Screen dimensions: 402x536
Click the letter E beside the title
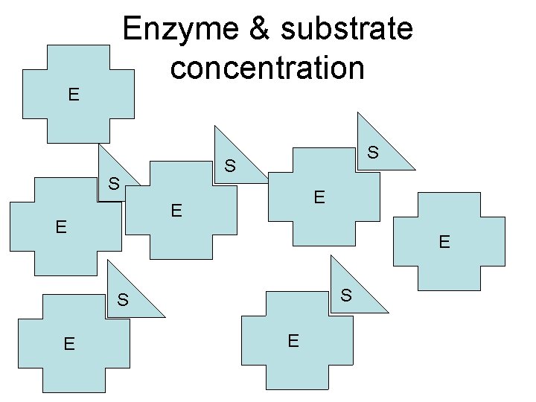[x=73, y=95]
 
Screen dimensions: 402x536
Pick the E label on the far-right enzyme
[x=444, y=241]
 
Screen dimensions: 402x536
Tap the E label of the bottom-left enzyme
[x=68, y=344]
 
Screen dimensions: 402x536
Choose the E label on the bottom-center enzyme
[x=293, y=341]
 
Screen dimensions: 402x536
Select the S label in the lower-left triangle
[x=123, y=301]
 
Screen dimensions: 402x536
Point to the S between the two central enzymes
[x=231, y=165]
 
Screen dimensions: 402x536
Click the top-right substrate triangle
[x=380, y=149]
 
